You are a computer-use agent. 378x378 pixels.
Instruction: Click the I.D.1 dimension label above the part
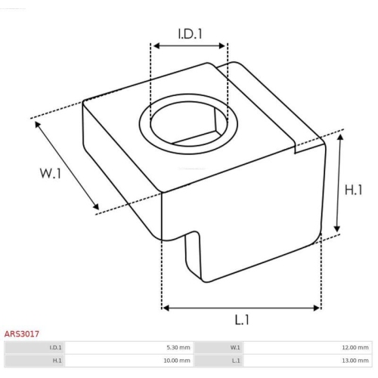(191, 34)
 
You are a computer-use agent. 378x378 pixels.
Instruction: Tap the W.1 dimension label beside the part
(51, 173)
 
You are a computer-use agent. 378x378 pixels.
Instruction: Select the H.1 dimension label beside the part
(353, 190)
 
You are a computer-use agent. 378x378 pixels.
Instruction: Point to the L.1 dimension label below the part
(242, 320)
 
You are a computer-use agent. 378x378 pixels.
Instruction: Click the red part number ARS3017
(22, 334)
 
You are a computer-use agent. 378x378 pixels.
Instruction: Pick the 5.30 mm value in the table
(178, 348)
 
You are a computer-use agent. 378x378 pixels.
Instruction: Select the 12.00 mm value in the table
(355, 348)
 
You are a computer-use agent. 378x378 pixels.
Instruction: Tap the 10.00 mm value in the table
(177, 361)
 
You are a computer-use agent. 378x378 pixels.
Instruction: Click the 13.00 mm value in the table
(355, 361)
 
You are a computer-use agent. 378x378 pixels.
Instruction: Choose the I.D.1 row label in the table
(55, 348)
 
